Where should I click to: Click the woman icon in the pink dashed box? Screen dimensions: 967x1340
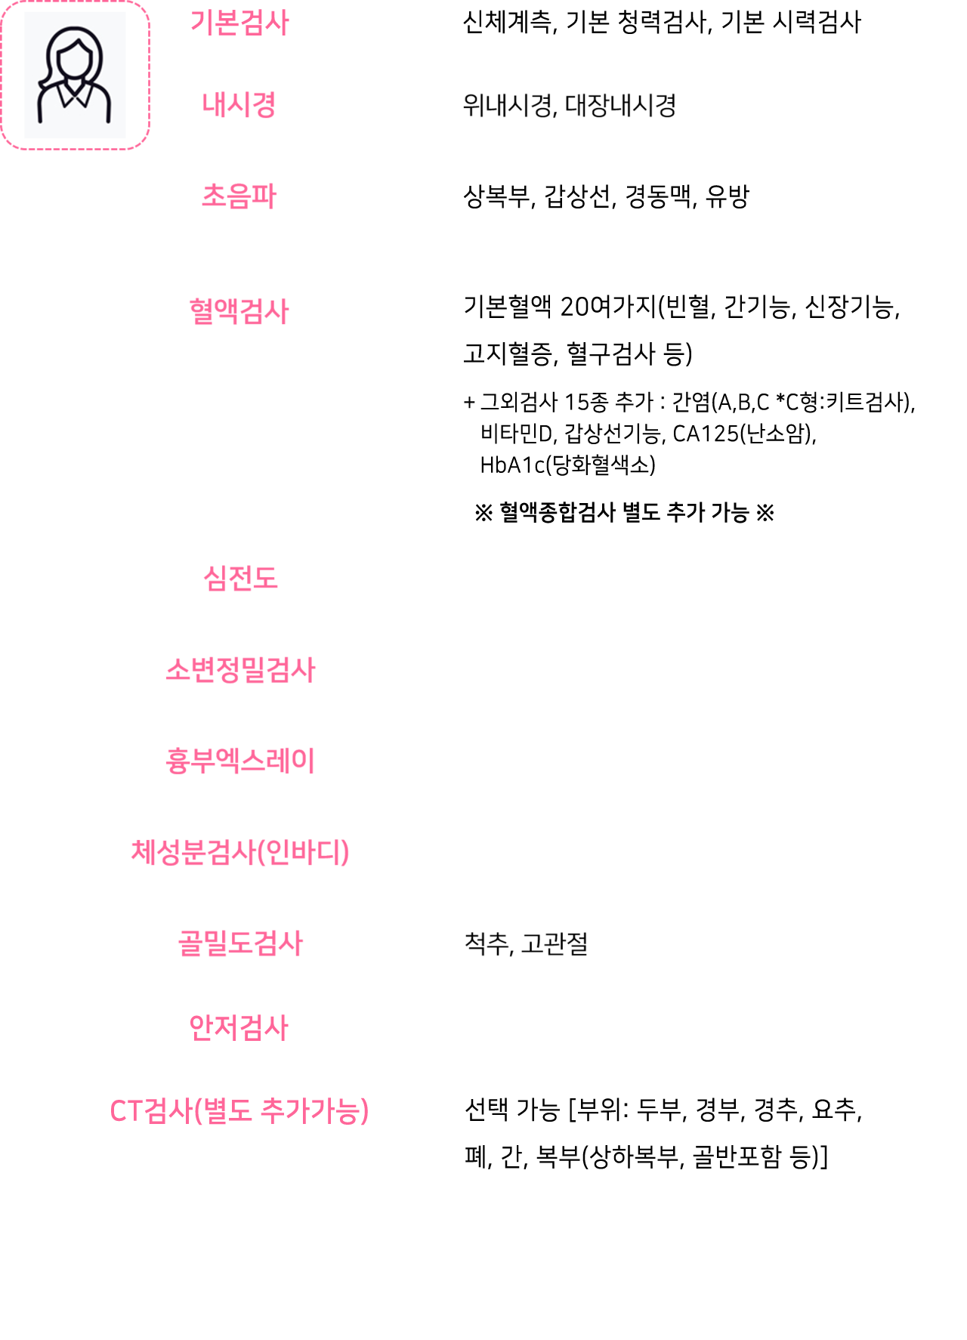(x=74, y=76)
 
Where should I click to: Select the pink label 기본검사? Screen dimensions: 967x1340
(x=239, y=23)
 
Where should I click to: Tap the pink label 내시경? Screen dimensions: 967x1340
(x=239, y=105)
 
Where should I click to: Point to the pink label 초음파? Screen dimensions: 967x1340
(x=239, y=196)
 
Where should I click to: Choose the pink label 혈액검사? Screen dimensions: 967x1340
(x=239, y=311)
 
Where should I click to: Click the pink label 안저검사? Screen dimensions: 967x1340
(x=239, y=1027)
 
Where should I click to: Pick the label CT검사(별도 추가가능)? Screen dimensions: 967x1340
(x=239, y=1111)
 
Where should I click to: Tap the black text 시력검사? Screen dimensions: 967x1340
(x=817, y=23)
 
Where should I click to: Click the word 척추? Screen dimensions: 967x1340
(x=487, y=943)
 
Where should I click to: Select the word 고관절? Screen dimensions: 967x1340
(x=555, y=943)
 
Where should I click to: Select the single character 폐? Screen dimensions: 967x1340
(x=476, y=1156)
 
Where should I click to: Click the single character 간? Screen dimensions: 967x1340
(x=511, y=1156)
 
